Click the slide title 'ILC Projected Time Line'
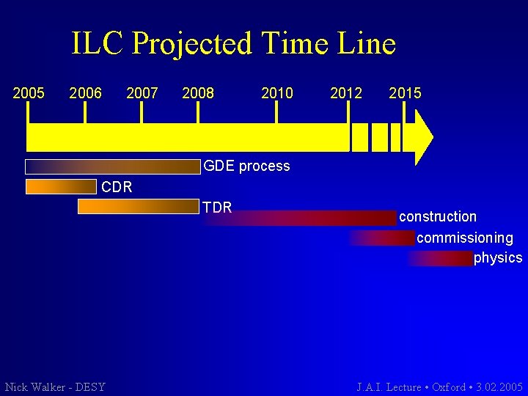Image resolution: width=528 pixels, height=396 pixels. click(x=233, y=44)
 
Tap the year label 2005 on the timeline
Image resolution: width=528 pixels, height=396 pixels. click(x=29, y=93)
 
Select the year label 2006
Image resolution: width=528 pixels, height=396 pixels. click(x=85, y=93)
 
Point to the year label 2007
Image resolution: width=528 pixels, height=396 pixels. click(x=142, y=93)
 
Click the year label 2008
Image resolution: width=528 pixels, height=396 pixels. click(x=198, y=93)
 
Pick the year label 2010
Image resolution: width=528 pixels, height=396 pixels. click(x=276, y=93)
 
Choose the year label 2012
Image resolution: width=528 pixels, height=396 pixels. click(x=346, y=93)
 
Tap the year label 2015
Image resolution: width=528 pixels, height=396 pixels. click(x=405, y=93)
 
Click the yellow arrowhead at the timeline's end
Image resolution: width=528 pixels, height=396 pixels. click(x=423, y=137)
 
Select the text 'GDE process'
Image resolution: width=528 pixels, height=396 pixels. click(x=246, y=166)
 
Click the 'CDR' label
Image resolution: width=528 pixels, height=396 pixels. click(x=117, y=187)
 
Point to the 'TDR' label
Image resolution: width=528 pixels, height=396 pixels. click(x=217, y=208)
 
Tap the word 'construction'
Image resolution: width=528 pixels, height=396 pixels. click(x=438, y=217)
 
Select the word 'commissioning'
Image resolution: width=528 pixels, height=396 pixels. click(x=465, y=238)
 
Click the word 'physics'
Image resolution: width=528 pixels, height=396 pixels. click(x=498, y=258)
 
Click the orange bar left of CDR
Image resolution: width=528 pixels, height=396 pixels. click(x=60, y=187)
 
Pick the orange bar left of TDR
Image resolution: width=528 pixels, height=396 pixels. click(x=138, y=208)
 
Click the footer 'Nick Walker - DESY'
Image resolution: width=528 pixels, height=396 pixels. click(x=55, y=387)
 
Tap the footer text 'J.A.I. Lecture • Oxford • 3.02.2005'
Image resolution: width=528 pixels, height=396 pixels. click(x=439, y=387)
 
